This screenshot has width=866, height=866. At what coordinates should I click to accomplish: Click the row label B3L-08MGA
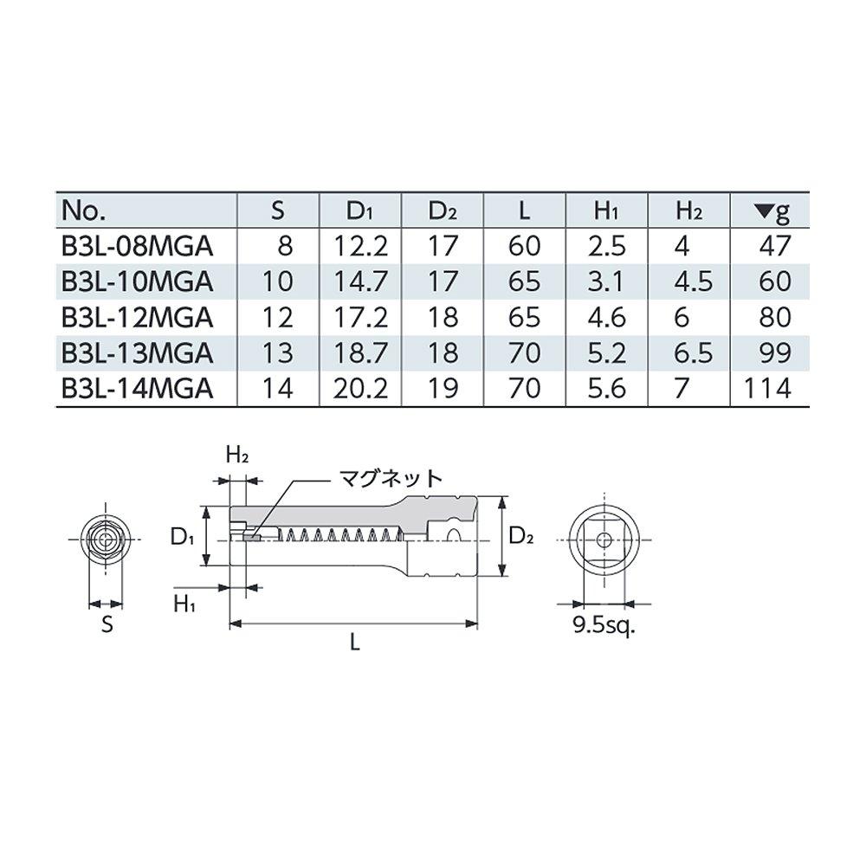pyautogui.click(x=137, y=247)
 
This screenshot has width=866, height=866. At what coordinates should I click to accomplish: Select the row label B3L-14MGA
pyautogui.click(x=137, y=388)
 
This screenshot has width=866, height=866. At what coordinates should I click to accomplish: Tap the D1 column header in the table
pyautogui.click(x=360, y=211)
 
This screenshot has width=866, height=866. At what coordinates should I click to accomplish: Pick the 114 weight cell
pyautogui.click(x=767, y=388)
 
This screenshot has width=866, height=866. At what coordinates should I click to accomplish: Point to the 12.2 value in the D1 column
pyautogui.click(x=360, y=247)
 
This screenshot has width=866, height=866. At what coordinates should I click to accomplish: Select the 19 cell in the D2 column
pyautogui.click(x=443, y=388)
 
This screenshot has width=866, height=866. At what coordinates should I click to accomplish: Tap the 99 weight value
pyautogui.click(x=773, y=352)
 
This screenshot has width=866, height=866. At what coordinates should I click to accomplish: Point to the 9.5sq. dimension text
pyautogui.click(x=604, y=625)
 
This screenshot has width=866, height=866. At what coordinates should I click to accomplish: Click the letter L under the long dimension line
pyautogui.click(x=354, y=642)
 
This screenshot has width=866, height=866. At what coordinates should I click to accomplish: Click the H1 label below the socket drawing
pyautogui.click(x=184, y=604)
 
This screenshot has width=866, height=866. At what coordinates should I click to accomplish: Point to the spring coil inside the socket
pyautogui.click(x=338, y=536)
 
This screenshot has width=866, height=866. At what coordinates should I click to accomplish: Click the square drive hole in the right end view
pyautogui.click(x=604, y=536)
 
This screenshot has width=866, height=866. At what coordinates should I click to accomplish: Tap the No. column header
pyautogui.click(x=84, y=211)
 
